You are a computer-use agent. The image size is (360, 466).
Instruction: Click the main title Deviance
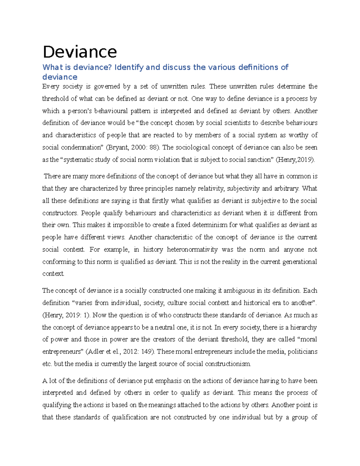(x=80, y=52)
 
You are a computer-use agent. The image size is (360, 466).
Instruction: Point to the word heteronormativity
(x=192, y=249)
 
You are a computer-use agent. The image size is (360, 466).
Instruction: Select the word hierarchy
(x=303, y=327)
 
